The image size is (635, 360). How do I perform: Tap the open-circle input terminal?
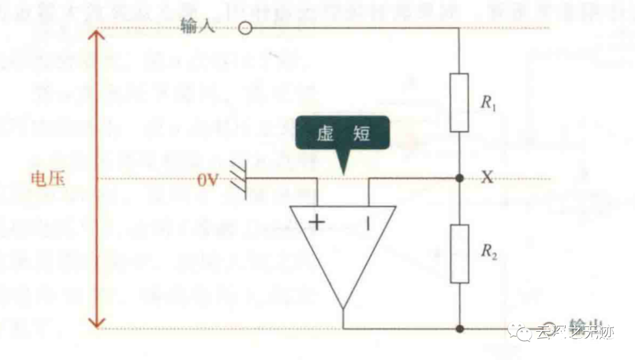tap(245, 28)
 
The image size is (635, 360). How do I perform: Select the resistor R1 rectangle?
tap(459, 102)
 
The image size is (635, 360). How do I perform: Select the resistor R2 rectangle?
tap(459, 254)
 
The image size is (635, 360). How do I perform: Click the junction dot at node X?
tap(459, 178)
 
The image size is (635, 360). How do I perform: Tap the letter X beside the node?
tap(487, 177)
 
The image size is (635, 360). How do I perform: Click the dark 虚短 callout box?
tap(342, 134)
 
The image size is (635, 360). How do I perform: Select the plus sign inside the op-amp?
tap(317, 222)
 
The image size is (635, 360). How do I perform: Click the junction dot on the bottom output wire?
tap(459, 328)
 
